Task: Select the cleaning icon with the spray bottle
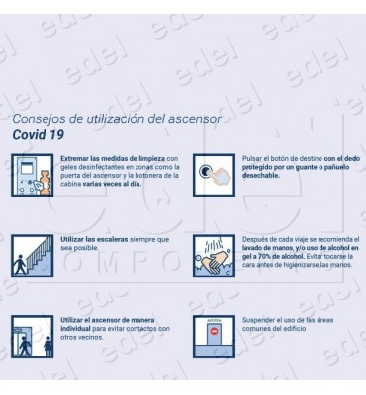click(33, 175)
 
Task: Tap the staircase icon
click(33, 255)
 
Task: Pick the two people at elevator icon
click(33, 336)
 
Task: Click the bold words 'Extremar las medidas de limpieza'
click(112, 158)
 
